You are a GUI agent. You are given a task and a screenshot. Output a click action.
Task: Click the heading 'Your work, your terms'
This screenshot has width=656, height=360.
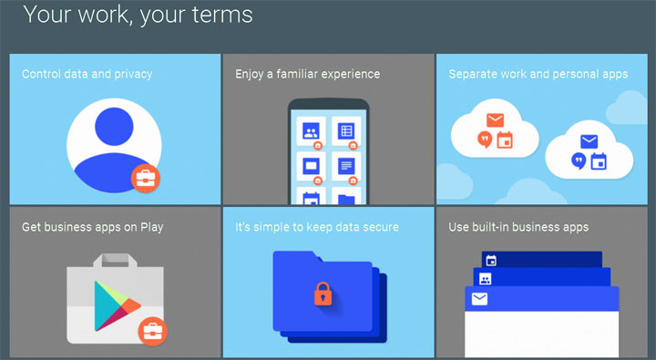(x=138, y=15)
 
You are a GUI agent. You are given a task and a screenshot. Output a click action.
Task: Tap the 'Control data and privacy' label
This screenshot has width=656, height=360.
(x=87, y=74)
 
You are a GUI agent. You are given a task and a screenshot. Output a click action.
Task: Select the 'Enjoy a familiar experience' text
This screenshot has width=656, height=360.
(x=307, y=74)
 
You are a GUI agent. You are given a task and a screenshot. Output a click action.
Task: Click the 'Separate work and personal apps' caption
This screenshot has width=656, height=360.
(x=538, y=74)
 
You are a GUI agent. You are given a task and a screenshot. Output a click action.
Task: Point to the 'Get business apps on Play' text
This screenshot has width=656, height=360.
(x=92, y=227)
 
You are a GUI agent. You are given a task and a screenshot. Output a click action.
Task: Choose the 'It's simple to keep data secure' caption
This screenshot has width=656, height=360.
(x=317, y=227)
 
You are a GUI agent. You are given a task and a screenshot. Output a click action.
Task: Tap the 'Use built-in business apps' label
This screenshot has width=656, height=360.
(x=518, y=227)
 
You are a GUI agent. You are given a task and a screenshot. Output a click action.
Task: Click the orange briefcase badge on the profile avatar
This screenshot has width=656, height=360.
(x=146, y=179)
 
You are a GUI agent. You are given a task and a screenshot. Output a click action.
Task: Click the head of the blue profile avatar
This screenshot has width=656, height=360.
(x=114, y=127)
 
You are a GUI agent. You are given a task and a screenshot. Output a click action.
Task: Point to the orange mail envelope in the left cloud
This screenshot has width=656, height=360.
(x=495, y=120)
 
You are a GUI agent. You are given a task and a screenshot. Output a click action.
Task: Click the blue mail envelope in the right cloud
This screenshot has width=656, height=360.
(x=589, y=142)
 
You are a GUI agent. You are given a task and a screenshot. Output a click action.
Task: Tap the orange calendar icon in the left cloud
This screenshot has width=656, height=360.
(x=506, y=141)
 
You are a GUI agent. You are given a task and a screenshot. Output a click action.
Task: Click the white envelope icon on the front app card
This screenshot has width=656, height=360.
(x=479, y=299)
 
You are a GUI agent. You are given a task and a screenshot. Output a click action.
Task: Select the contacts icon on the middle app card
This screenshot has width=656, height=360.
(x=486, y=279)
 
